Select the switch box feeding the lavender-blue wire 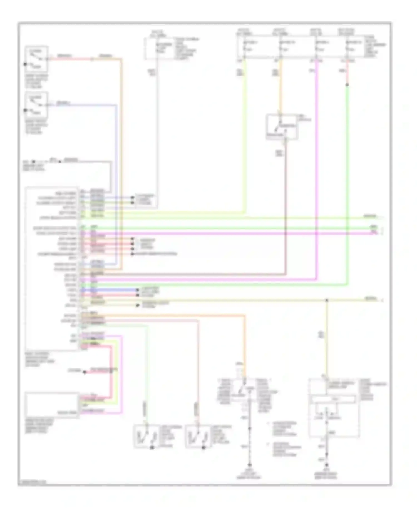point(36,105)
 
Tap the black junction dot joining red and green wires point(347,85)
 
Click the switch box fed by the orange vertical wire point(282,126)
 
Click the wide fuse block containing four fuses point(300,47)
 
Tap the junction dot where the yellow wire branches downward point(327,300)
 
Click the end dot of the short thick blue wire point(137,290)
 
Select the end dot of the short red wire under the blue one point(137,295)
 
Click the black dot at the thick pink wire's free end point(85,372)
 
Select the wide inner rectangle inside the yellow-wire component point(333,399)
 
